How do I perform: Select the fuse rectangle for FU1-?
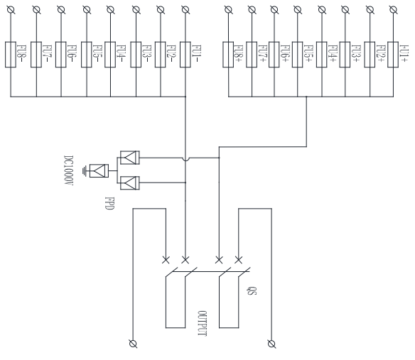pos(185,55)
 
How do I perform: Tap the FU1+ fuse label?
pos(404,54)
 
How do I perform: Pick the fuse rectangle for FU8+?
pos(228,55)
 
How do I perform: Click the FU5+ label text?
pos(308,54)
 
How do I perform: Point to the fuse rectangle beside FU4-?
pos(110,55)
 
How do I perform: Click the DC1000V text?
pos(68,170)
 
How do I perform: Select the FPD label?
pos(109,203)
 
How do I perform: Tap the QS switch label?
pos(252,290)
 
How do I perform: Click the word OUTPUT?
pos(203,324)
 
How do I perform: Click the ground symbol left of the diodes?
pos(85,171)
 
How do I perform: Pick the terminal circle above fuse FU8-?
pos(11,10)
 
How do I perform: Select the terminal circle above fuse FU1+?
pos(393,10)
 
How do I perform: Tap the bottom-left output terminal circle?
pos(133,344)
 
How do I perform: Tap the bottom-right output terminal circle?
pos(271,344)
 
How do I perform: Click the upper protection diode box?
pos(129,158)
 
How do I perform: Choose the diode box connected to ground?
pos(99,171)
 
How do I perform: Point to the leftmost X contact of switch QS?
pos(166,260)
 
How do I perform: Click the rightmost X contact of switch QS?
pos(238,260)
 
